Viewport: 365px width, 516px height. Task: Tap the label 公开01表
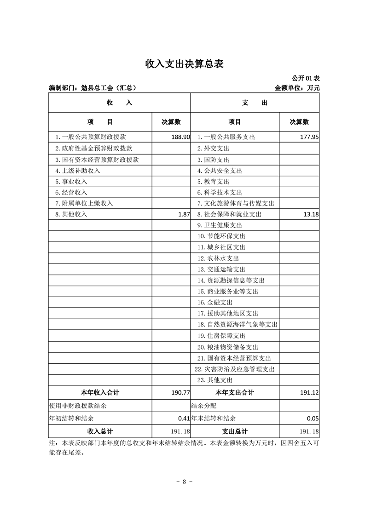pyautogui.click(x=306, y=79)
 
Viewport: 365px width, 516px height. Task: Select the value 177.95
pyautogui.click(x=309, y=137)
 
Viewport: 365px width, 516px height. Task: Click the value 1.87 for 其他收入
pyautogui.click(x=184, y=214)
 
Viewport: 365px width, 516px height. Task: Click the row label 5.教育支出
pyautogui.click(x=213, y=182)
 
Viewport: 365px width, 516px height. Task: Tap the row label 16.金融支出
pyautogui.click(x=215, y=303)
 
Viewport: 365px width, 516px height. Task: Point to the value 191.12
pyautogui.click(x=309, y=393)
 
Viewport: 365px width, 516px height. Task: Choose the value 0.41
pyautogui.click(x=184, y=419)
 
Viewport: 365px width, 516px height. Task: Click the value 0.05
pyautogui.click(x=313, y=419)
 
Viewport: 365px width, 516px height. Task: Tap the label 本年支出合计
pyautogui.click(x=235, y=393)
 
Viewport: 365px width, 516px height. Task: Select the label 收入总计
pyautogui.click(x=100, y=431)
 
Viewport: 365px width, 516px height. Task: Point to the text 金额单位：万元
pyautogui.click(x=297, y=87)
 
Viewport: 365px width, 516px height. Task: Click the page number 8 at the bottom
pyautogui.click(x=184, y=482)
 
